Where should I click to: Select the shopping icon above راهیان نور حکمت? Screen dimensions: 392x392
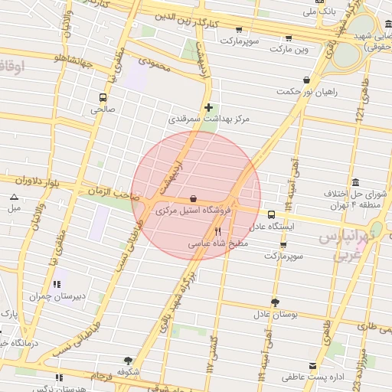pos(307,80)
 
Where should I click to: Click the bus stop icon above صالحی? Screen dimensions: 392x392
pos(103,97)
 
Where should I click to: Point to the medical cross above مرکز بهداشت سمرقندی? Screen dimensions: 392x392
pos(208,107)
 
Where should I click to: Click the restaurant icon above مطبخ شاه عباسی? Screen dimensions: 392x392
pos(217,232)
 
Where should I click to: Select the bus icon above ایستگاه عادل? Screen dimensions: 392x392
pos(271,215)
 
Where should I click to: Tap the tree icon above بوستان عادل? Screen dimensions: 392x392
pos(275,302)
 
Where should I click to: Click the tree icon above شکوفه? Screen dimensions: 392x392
pos(127,360)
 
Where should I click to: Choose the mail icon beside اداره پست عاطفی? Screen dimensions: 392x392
pos(312,366)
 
